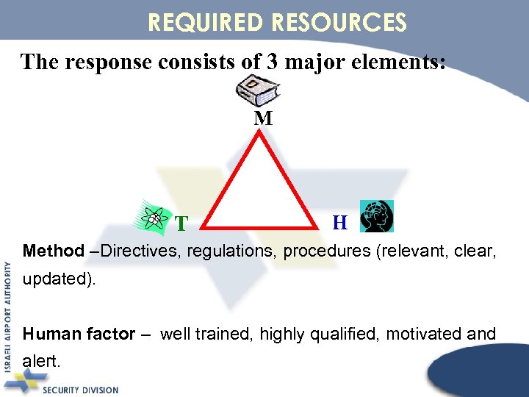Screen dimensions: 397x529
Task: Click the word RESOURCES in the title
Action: click(339, 22)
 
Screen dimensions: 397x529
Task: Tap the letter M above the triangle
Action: click(263, 118)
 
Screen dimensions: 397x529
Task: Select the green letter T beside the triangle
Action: click(181, 223)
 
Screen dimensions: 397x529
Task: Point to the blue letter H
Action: click(340, 222)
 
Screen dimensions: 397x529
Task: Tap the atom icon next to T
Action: click(154, 218)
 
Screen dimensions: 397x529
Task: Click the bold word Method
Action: click(54, 251)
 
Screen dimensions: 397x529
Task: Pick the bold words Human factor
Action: click(79, 335)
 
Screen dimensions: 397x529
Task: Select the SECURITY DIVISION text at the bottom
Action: click(80, 389)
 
